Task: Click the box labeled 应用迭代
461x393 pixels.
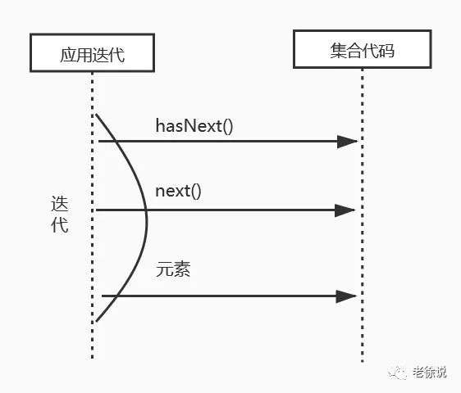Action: coord(93,53)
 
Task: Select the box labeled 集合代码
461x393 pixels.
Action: coord(363,49)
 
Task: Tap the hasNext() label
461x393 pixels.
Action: coord(194,126)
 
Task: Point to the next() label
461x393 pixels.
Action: coord(178,192)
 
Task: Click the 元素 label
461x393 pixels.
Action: coord(173,269)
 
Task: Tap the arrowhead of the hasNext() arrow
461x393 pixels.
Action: coord(348,142)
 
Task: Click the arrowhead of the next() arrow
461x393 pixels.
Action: coord(345,210)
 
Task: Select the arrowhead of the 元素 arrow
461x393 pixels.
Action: coord(346,296)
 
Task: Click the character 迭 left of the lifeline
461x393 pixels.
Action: coord(60,204)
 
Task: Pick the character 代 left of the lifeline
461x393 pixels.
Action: coord(60,225)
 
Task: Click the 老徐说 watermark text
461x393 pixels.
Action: coord(430,373)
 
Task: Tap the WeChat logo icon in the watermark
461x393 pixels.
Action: coord(398,373)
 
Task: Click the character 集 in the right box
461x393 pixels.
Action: coord(339,51)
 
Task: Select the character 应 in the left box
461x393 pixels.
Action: coord(68,55)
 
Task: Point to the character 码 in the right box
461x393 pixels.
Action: coord(386,51)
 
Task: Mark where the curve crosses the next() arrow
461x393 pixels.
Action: coord(146,210)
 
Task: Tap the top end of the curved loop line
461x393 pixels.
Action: coord(97,115)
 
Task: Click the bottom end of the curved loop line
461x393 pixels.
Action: coord(97,321)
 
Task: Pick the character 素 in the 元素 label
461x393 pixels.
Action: coord(182,269)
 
